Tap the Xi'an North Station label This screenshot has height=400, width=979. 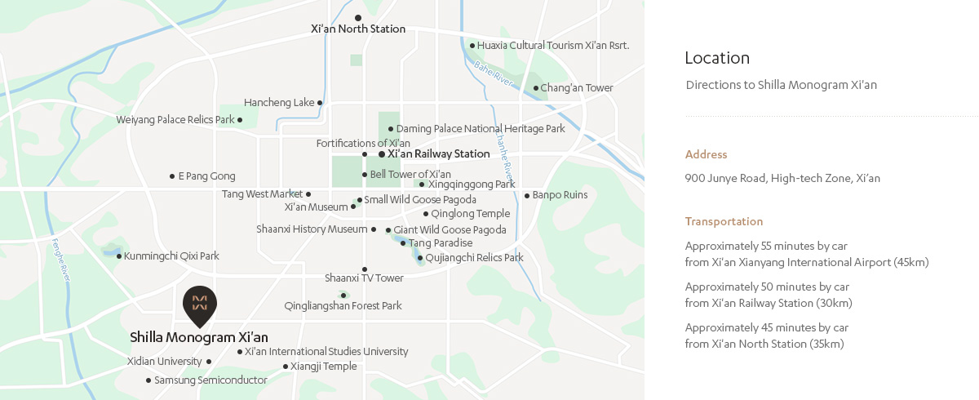click(x=358, y=29)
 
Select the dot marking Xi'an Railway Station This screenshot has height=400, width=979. click(x=382, y=153)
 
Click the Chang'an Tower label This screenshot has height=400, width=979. click(x=577, y=88)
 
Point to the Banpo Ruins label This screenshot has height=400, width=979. click(x=560, y=195)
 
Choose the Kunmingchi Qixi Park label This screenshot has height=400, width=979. click(x=172, y=256)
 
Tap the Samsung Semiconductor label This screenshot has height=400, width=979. click(x=210, y=380)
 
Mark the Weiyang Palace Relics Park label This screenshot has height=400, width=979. click(x=175, y=120)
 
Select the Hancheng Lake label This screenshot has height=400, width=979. click(x=279, y=103)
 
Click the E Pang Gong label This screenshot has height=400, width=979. click(x=206, y=176)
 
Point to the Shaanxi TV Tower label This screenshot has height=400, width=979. click(x=364, y=278)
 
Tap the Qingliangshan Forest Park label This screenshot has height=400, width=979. click(x=343, y=306)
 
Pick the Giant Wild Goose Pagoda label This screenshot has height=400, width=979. click(x=450, y=230)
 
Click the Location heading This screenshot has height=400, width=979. click(x=717, y=58)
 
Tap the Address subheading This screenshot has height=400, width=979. click(x=706, y=154)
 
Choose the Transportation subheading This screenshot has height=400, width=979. click(x=724, y=221)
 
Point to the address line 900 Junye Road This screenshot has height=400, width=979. click(x=782, y=179)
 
